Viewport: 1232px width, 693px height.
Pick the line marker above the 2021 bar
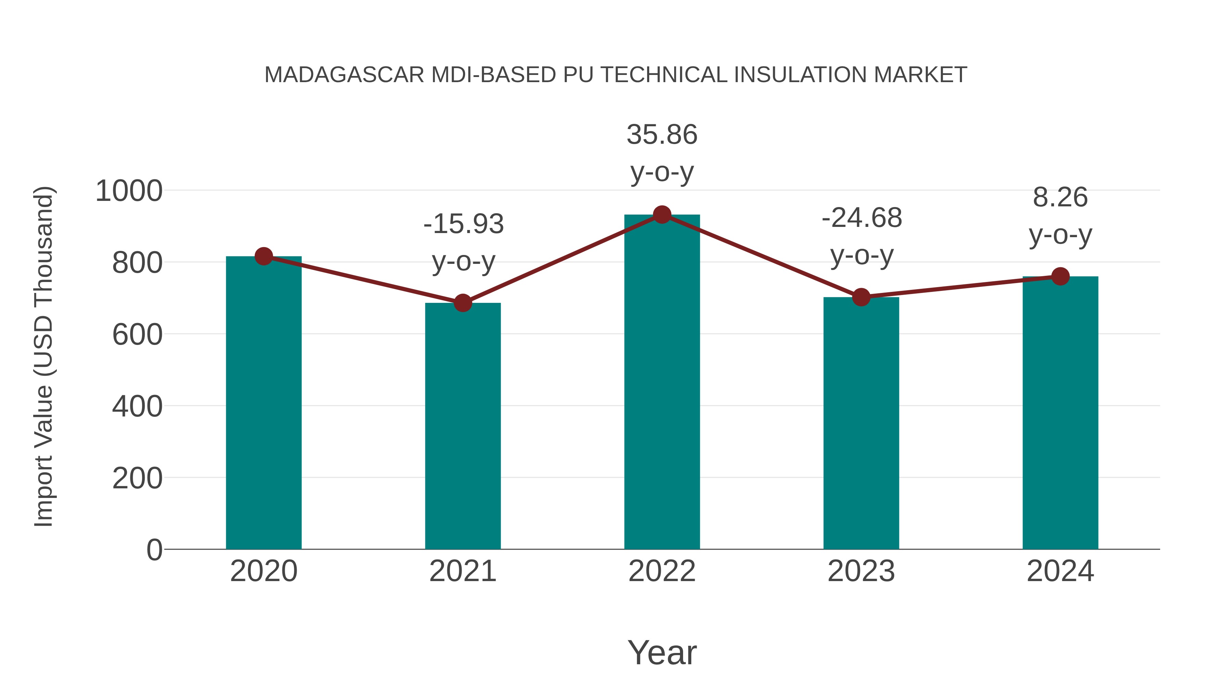[462, 303]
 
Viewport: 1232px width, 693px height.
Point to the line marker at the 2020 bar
[264, 256]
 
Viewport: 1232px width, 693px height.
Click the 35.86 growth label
[662, 134]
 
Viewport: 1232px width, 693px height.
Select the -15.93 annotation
[463, 224]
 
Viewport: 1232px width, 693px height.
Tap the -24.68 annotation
[861, 218]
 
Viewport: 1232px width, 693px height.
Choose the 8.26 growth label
[1060, 197]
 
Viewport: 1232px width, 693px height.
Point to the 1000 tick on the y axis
[129, 191]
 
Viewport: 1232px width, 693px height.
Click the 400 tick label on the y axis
[137, 407]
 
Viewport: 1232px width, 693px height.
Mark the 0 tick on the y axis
[154, 550]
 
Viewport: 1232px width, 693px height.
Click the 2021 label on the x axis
[462, 571]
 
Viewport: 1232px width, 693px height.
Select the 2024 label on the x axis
[1060, 571]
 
